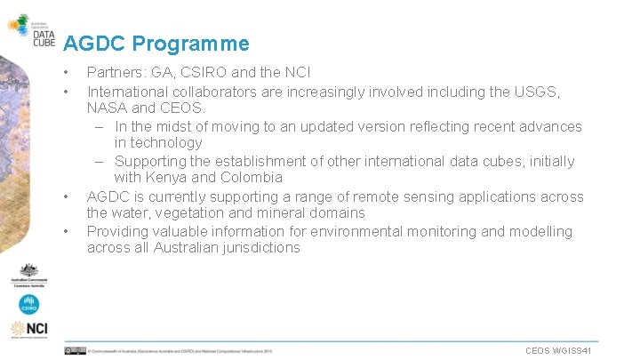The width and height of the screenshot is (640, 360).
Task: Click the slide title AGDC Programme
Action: (x=156, y=44)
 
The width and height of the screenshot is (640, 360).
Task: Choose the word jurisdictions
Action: (x=257, y=248)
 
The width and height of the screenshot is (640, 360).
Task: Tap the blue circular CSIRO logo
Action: (x=29, y=304)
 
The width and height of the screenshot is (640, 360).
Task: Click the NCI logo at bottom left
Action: (x=29, y=330)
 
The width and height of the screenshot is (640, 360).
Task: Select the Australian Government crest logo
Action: (x=29, y=276)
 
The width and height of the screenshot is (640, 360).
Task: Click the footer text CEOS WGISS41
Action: (x=558, y=351)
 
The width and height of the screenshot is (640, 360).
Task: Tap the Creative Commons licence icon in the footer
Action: (x=75, y=351)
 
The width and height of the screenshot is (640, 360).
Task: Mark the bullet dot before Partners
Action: (x=66, y=72)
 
